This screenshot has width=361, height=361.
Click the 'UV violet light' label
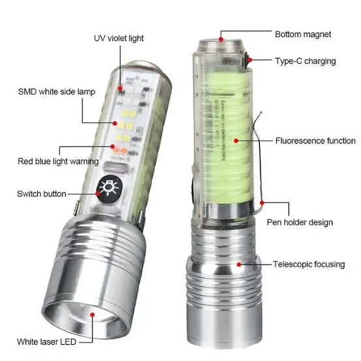click(x=119, y=38)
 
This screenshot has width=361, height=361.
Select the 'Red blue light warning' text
click(x=59, y=161)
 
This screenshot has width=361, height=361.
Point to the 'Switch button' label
click(x=41, y=194)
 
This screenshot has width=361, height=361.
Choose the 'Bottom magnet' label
click(x=303, y=34)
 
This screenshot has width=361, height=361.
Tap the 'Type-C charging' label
click(x=305, y=61)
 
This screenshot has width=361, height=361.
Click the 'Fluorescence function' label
click(x=315, y=141)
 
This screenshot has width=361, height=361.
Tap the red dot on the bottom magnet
click(x=222, y=39)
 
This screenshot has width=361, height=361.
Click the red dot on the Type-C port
click(x=250, y=61)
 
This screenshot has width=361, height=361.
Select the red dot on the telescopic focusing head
click(x=240, y=265)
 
